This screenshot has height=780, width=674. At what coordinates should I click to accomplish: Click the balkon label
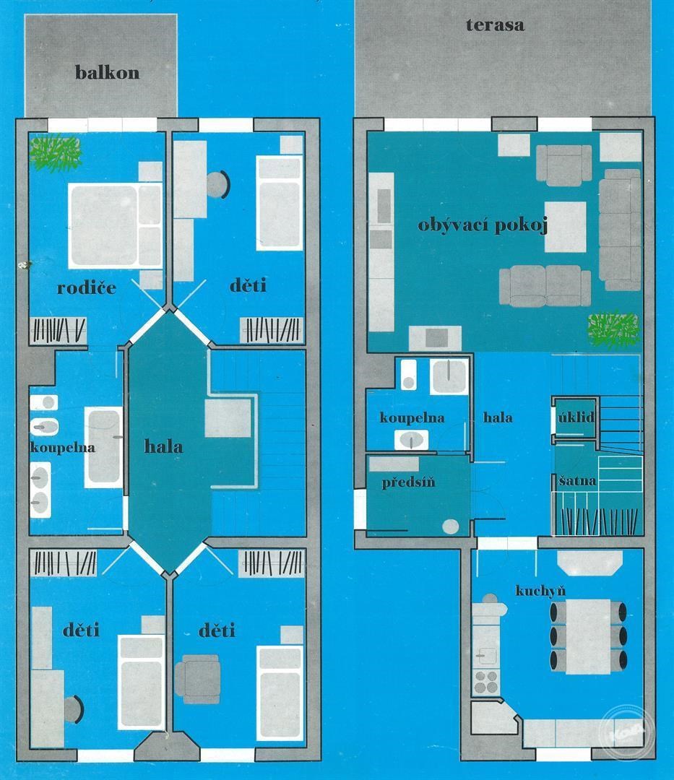point(107,73)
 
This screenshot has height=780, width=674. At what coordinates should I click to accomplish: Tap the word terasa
point(495,25)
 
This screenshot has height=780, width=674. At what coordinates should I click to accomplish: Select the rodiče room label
point(87,287)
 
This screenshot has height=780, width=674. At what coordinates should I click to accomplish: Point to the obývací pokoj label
point(483,226)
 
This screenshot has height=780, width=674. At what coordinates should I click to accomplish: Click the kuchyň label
point(540,591)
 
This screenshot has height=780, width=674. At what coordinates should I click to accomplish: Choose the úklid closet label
point(576,417)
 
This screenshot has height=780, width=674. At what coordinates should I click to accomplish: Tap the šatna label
point(577,481)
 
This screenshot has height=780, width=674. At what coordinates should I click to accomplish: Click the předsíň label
point(408,482)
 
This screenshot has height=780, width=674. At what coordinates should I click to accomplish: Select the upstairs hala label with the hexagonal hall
point(163,446)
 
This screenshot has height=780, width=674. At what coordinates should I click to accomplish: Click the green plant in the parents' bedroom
point(55,155)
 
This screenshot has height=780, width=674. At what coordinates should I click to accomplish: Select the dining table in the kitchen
point(588,637)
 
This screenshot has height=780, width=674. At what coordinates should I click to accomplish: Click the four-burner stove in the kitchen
point(486,682)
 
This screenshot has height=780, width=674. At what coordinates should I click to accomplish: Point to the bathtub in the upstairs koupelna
point(103,447)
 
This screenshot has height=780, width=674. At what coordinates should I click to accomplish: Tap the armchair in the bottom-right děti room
point(197,679)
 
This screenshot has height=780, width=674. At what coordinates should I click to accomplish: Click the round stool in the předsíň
point(451,526)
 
